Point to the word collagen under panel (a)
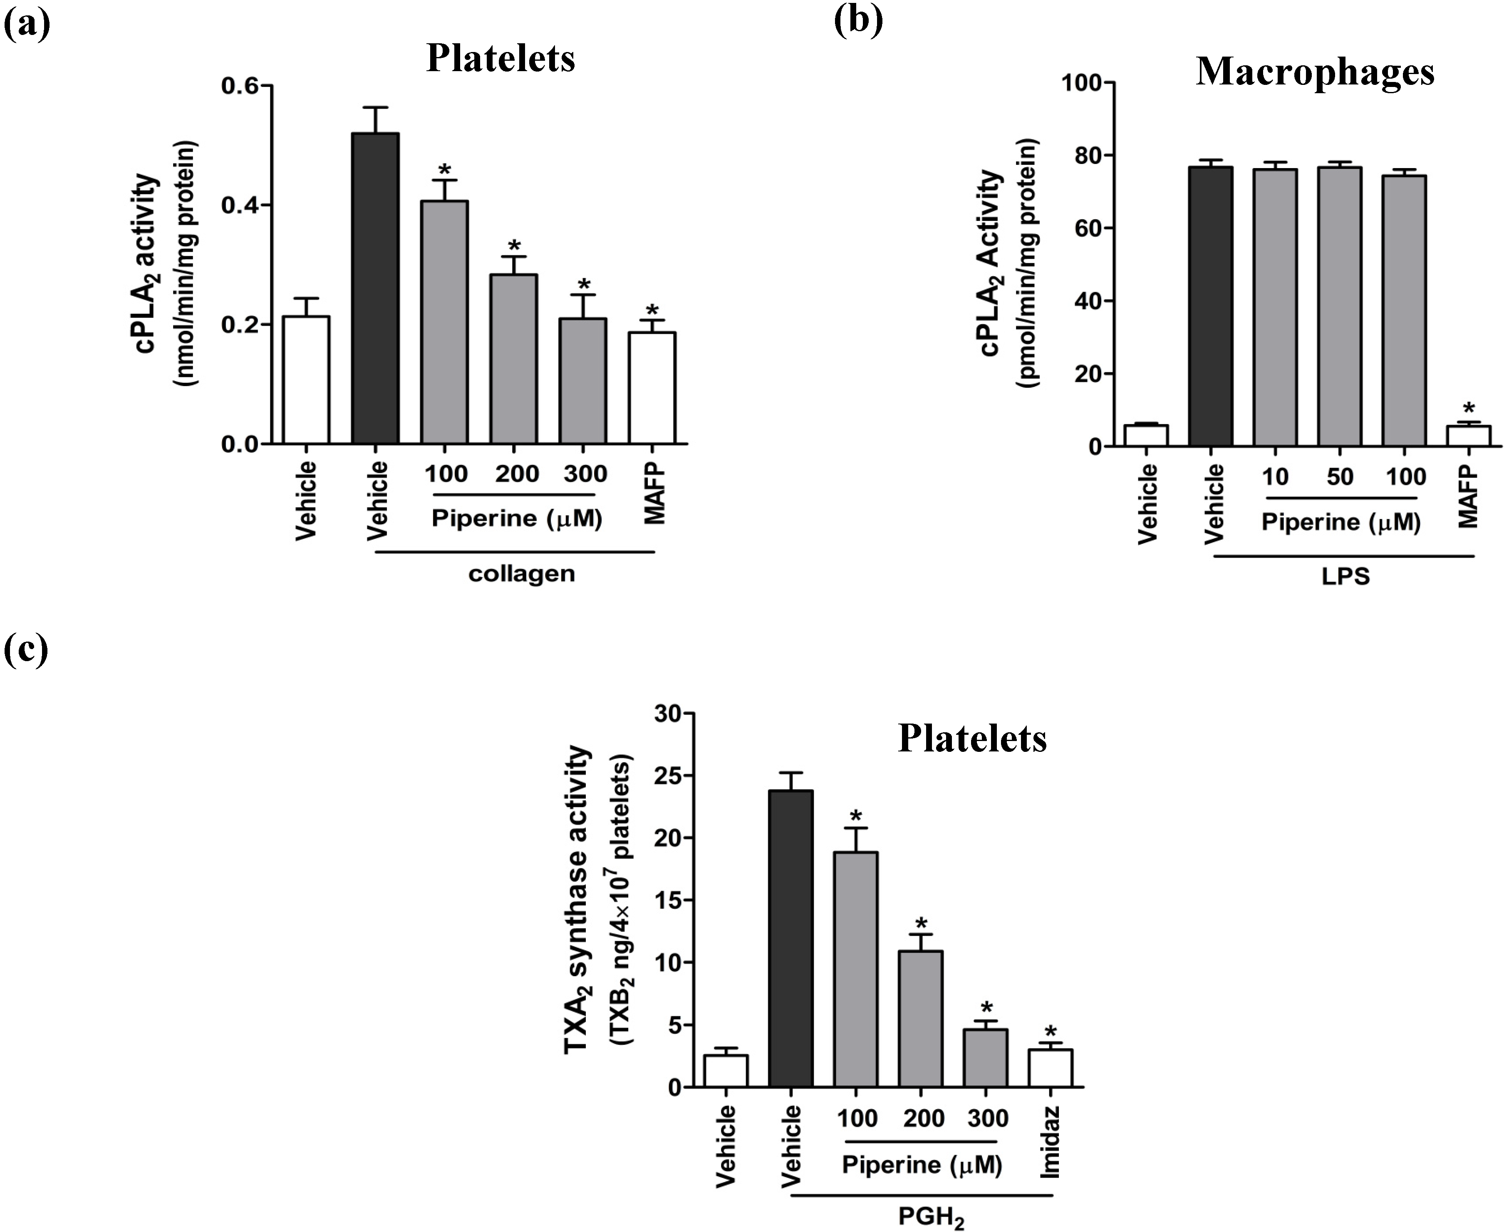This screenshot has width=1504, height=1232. pyautogui.click(x=521, y=573)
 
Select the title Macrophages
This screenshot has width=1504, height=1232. pyautogui.click(x=1315, y=72)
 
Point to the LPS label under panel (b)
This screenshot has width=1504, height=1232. pyautogui.click(x=1345, y=576)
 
